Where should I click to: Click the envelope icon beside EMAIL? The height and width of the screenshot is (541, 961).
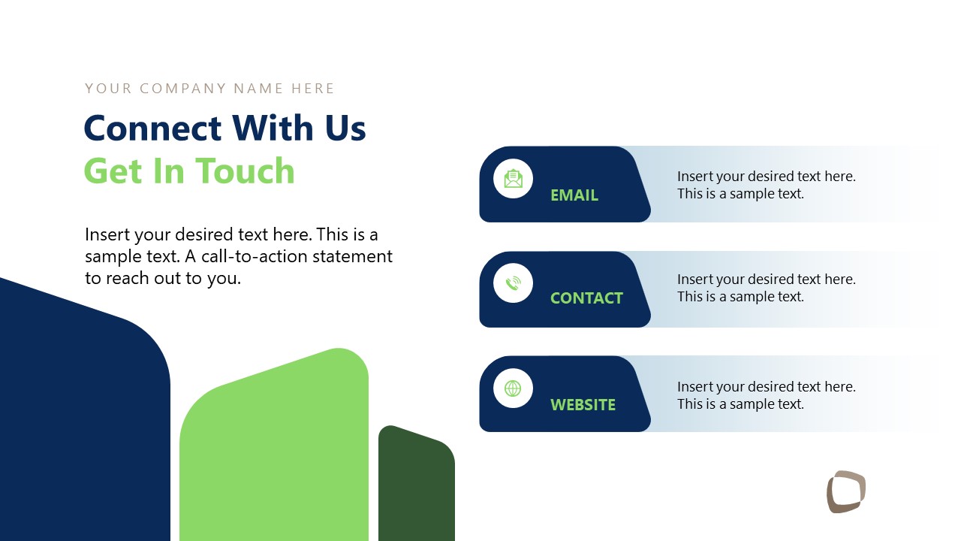tap(513, 179)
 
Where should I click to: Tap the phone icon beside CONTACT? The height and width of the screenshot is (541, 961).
tap(513, 283)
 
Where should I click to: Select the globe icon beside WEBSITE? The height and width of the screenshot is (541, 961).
tap(513, 388)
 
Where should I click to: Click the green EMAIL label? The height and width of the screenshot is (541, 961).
tap(574, 195)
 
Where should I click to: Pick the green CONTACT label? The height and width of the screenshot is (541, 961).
tap(586, 298)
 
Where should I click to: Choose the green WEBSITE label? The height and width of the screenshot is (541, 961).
tap(583, 405)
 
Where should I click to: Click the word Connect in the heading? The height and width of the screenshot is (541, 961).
tap(152, 128)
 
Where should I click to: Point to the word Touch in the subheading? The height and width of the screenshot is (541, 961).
tap(245, 171)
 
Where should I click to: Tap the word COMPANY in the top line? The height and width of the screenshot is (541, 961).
tap(183, 89)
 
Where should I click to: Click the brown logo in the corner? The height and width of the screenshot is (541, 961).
tap(846, 492)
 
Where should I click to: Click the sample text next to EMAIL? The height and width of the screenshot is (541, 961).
tap(766, 185)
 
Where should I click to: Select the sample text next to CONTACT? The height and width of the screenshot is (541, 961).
tap(766, 288)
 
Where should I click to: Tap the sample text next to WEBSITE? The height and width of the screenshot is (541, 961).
tap(766, 395)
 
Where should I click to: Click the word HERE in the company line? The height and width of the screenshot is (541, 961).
tap(313, 89)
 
